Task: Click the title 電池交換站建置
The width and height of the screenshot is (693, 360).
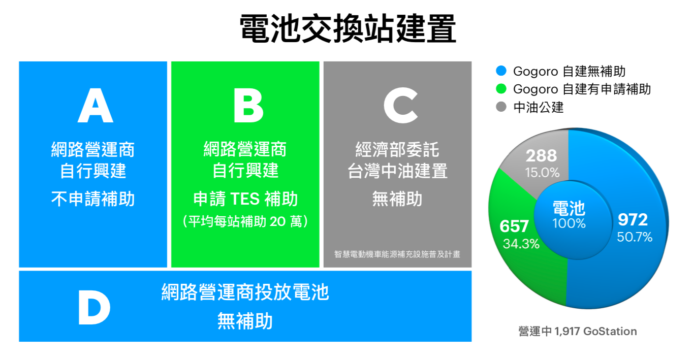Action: [348, 28]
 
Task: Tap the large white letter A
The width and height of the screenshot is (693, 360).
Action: [96, 105]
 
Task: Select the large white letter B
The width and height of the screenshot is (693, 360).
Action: [248, 105]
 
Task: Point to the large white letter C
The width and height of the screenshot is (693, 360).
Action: [401, 105]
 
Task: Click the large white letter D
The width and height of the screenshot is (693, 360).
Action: [94, 307]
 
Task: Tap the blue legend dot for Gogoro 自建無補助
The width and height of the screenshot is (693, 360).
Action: [501, 71]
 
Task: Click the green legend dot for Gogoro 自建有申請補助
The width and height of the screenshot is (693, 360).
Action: [501, 89]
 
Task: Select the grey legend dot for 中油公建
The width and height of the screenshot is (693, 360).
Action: [501, 107]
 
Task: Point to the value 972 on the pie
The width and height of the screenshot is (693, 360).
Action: [633, 219]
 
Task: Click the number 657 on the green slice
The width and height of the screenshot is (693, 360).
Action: [514, 226]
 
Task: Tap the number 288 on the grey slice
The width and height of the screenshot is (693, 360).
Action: [542, 155]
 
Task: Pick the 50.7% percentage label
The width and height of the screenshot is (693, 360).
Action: [635, 237]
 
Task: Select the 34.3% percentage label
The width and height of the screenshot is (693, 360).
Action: [521, 244]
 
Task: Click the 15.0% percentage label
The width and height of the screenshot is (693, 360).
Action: [542, 173]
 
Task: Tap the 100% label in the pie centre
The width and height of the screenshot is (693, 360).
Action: [569, 223]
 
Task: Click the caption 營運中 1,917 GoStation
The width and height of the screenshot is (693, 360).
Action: [578, 331]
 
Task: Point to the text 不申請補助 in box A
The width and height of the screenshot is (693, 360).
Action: [93, 199]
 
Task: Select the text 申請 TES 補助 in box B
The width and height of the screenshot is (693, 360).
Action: [245, 199]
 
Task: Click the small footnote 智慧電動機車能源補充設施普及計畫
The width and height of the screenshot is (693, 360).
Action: [397, 254]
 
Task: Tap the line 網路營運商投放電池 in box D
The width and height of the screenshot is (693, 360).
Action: [245, 292]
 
